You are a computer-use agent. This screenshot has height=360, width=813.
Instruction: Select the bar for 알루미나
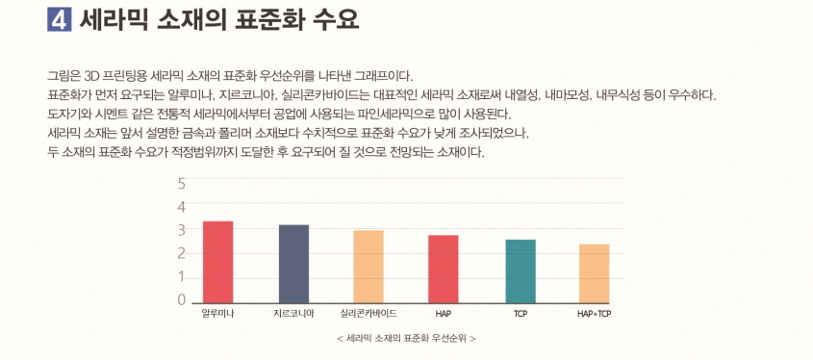[x=217, y=261]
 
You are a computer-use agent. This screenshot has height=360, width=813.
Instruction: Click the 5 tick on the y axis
[x=181, y=183]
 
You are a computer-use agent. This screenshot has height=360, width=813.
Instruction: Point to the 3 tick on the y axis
[x=181, y=230]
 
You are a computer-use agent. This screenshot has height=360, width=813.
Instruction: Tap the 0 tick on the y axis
[x=181, y=300]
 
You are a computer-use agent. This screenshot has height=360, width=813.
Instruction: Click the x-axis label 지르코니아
[x=293, y=315]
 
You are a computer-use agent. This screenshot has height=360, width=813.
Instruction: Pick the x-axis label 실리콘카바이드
[x=368, y=315]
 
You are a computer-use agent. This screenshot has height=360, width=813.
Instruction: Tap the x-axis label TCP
[x=520, y=315]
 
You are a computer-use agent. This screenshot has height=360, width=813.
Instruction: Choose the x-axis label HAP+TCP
[x=594, y=315]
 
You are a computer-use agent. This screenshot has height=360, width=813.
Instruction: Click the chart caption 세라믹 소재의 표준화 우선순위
[x=406, y=339]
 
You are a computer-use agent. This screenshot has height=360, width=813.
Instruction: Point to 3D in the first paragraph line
[x=94, y=75]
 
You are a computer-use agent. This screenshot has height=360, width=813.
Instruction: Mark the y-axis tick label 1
[x=181, y=277]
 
